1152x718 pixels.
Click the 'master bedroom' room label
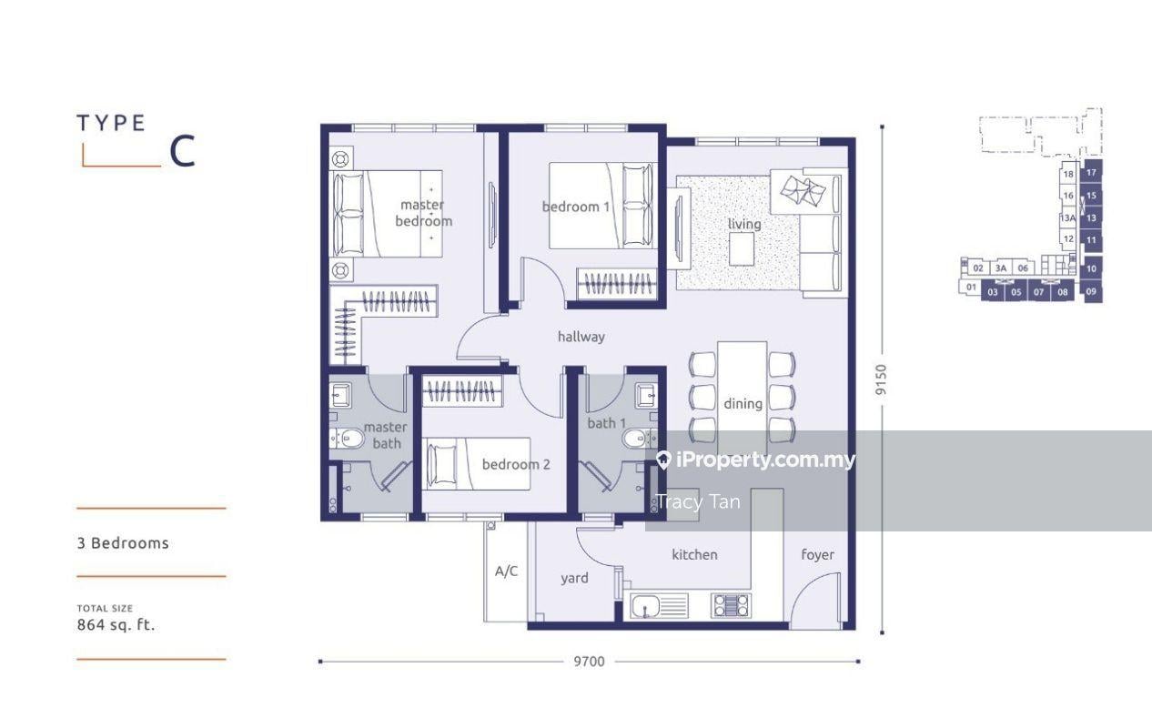point(423,213)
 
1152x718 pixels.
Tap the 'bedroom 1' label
point(576,207)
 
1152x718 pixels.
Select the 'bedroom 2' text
point(516,464)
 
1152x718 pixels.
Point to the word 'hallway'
point(581,337)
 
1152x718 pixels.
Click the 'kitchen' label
point(694,554)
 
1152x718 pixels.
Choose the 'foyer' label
point(817,555)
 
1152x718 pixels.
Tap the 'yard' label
point(574,578)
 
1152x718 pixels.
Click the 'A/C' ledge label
point(507,571)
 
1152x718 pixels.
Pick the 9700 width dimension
point(590,662)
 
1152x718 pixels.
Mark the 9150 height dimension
point(882,379)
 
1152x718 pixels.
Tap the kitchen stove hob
point(731,605)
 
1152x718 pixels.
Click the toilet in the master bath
point(349,439)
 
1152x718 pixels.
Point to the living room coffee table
point(742,249)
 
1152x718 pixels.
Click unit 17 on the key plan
point(1091,172)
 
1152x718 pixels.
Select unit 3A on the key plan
point(1001,268)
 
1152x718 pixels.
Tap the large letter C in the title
point(182,151)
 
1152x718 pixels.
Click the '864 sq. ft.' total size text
point(116,625)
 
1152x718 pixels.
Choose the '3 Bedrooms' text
point(123,543)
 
